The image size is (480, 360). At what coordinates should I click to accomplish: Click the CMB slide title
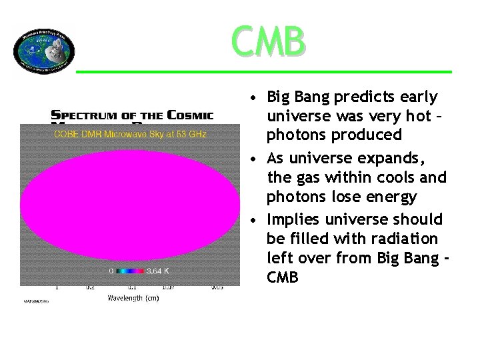pos(270,41)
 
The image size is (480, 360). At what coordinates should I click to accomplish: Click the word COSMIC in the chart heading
pos(190,115)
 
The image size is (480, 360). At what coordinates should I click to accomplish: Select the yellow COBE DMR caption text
pos(130,135)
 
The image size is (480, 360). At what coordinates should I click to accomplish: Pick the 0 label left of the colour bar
pos(112,271)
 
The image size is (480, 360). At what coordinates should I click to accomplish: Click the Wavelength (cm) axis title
pos(133,299)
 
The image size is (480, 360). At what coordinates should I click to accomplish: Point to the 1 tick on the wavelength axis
pos(57,289)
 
